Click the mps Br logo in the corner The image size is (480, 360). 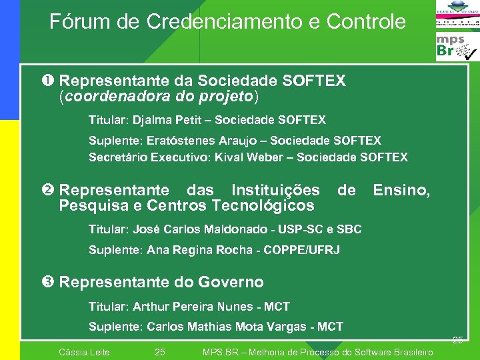457,47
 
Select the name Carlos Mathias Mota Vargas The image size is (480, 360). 230,327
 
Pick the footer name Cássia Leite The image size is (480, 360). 85,352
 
